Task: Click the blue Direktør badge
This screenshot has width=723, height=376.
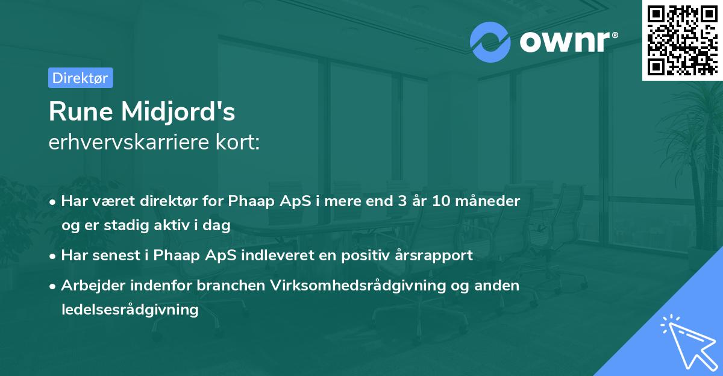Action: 80,78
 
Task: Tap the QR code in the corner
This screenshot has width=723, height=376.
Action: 682,40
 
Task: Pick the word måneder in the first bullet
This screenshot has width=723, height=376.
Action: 492,201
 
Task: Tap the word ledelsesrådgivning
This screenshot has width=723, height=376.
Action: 130,310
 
